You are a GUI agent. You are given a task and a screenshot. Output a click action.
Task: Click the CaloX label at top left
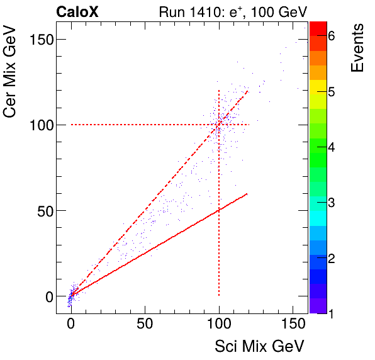tap(78, 11)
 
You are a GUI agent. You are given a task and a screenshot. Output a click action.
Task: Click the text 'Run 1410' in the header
tap(186, 11)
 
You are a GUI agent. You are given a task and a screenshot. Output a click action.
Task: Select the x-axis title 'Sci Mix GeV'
tap(260, 346)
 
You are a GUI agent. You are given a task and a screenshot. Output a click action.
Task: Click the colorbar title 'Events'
tap(358, 48)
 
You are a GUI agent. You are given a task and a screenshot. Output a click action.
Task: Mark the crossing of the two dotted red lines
tap(219, 125)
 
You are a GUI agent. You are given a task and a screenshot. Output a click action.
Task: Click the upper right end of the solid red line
tap(248, 194)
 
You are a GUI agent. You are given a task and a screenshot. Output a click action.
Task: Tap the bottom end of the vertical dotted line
tap(219, 295)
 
